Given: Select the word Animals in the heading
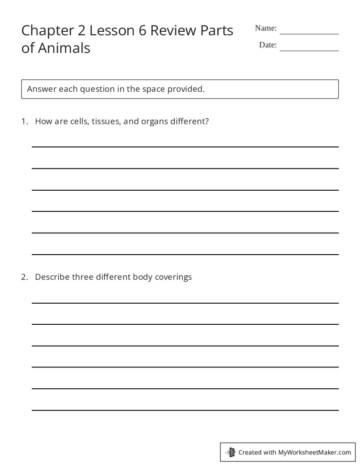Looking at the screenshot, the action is coord(64,48).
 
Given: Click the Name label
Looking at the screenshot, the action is coord(266,28).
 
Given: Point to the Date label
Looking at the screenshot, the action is coord(268,45).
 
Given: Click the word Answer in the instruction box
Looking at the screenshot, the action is coord(41,89).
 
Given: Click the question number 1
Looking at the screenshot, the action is coord(24,121).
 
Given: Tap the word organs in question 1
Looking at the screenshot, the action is coord(154,122).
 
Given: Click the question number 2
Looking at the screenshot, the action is coord(24,277).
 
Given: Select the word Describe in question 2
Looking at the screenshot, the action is coord(52,277).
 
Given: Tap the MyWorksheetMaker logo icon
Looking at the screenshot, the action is coord(231,452).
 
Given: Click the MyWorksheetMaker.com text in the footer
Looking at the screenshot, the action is coord(315,452).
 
